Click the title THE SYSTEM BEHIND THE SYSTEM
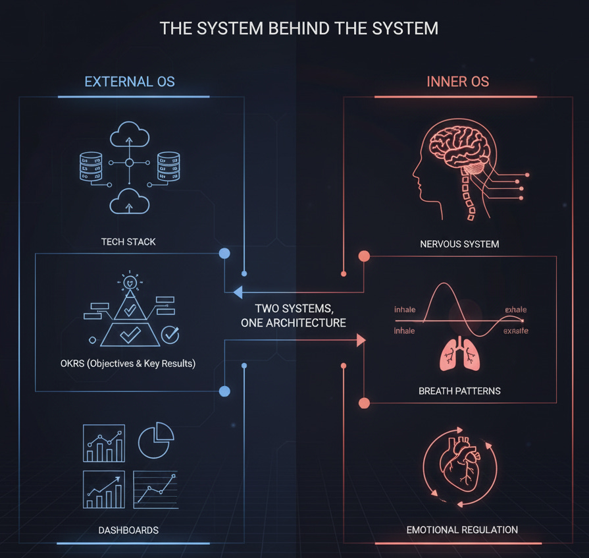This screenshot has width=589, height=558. coord(299,29)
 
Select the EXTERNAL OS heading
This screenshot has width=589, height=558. coord(130,82)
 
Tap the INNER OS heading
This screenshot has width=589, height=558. coord(457,82)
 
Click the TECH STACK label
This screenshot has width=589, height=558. coord(128,242)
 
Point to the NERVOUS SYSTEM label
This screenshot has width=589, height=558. coord(459,244)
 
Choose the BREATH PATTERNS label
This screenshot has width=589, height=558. coord(459,391)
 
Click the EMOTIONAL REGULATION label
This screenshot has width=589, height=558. coord(462,530)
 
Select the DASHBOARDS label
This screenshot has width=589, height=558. coord(128,530)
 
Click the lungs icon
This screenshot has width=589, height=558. coord(458,355)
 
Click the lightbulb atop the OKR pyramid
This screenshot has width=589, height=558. coord(130,282)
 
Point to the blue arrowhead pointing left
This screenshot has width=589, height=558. coord(237,292)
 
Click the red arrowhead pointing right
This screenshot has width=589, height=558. coord(361,340)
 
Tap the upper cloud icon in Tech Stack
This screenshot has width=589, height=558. coord(129,137)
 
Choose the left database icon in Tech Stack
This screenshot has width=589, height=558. coord(91,167)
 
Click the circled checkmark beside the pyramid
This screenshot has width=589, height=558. coord(170,335)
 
